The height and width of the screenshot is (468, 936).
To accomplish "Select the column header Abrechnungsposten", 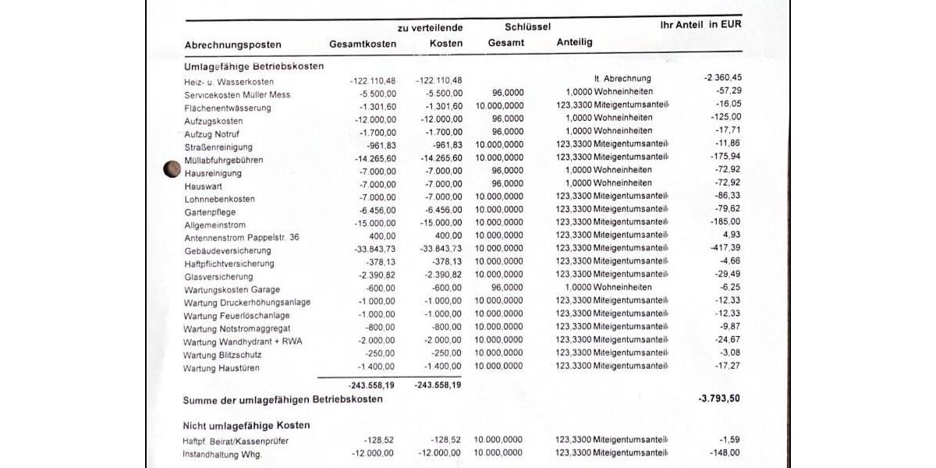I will point(232,44).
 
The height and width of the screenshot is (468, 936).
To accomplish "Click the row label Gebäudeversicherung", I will point(228,250).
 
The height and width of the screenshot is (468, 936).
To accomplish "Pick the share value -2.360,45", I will point(722,77).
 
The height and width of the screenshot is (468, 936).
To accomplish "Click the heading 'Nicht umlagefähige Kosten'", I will point(246,425).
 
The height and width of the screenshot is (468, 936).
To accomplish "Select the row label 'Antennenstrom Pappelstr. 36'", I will point(242,237).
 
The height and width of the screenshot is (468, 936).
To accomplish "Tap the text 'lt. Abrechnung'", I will point(622,79).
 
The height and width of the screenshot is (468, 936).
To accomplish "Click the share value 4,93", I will point(731,234).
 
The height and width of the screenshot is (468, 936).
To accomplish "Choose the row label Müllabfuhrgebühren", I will point(224,160).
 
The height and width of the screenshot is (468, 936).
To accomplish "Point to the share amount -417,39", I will point(725,247).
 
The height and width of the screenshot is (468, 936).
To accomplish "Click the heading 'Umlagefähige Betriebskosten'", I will point(253,66).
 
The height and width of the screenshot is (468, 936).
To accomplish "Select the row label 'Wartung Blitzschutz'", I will point(222,355).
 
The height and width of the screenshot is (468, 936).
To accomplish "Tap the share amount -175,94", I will point(725,156).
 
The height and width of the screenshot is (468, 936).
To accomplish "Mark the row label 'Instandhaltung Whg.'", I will point(222,454).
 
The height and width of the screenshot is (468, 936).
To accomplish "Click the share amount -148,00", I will point(725,452).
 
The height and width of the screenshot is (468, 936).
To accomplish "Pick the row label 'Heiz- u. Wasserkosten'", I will point(229,82).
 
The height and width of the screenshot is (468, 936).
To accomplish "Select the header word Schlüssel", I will point(528,27).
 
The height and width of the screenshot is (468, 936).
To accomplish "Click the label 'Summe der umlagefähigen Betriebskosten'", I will point(282,399).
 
